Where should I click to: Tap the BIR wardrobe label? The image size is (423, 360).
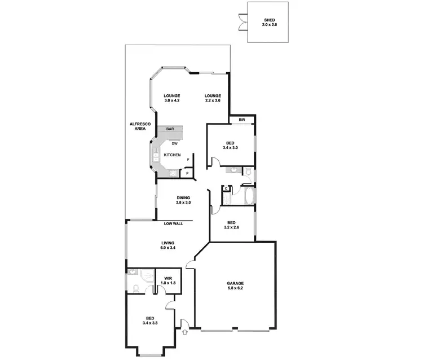point(241,119)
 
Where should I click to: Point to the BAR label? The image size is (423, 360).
point(170,129)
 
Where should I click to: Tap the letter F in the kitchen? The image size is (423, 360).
point(188,160)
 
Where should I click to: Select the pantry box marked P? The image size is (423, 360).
point(188,173)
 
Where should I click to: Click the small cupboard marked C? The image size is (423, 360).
point(226,188)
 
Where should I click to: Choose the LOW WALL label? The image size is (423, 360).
point(173,224)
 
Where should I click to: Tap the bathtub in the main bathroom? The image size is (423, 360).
point(248,196)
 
